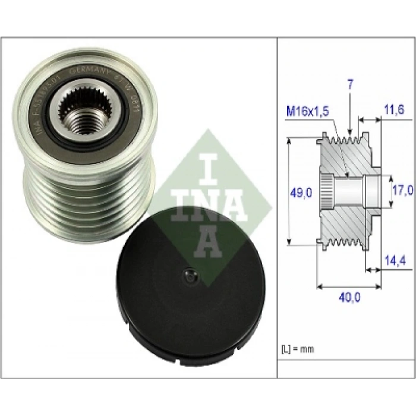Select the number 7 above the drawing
click(x=351, y=84)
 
